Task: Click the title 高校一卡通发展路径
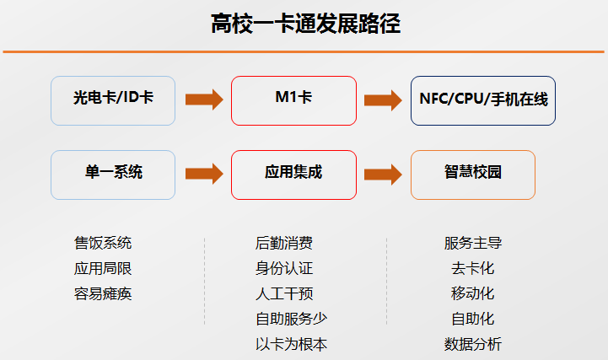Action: point(305,24)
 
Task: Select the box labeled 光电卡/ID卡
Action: point(113,101)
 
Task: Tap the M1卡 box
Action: point(293,101)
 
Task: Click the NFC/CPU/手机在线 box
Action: point(483,101)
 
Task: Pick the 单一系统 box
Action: point(113,175)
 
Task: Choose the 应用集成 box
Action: point(293,175)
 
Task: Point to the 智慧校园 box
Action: point(473,175)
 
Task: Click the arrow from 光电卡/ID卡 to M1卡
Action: point(204,99)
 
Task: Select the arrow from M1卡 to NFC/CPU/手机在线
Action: point(383,100)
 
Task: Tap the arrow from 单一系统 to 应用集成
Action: point(204,174)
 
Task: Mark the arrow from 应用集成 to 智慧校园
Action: point(383,175)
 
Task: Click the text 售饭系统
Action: point(103,243)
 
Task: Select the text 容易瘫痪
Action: point(103,293)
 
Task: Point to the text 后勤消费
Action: point(284,243)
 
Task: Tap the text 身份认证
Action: point(284,268)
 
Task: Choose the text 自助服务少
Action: point(291,319)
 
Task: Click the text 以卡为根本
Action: point(291,344)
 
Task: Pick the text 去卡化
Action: point(473,268)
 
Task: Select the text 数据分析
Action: point(473,344)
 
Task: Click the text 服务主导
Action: point(473,243)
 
